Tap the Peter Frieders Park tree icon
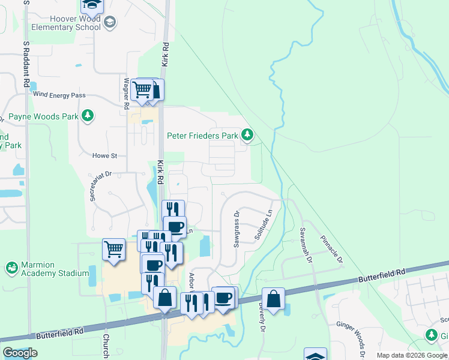pos(247,134)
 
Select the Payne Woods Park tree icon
pos(88,115)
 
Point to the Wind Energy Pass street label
pos(59,95)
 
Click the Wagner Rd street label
pos(127,93)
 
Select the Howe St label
pos(104,155)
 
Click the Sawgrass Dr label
pos(237,229)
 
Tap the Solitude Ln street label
pos(264,223)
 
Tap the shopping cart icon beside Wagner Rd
pos(142,89)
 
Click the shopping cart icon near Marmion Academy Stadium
pos(113,248)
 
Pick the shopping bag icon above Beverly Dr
pos(273,298)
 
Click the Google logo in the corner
pos(20,353)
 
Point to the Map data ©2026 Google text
pos(412,355)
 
